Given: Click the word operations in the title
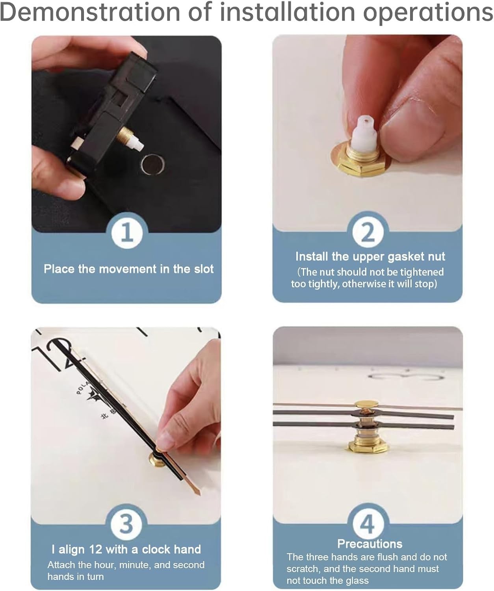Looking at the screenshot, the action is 428,13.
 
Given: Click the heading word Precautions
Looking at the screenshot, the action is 370,544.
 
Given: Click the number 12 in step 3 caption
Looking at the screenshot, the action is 95,549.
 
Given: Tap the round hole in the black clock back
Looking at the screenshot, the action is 153,164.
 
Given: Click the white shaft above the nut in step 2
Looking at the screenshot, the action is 365,133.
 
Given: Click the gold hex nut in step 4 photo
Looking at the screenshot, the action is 368,446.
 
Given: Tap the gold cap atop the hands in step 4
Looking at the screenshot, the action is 367,404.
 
